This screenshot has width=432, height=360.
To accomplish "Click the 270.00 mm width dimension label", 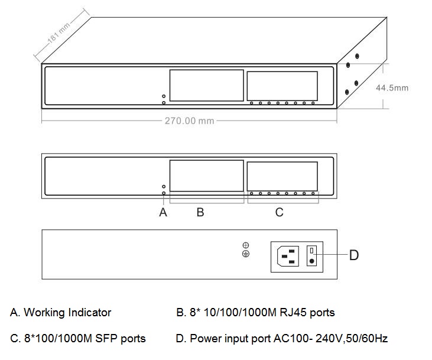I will click(189, 121).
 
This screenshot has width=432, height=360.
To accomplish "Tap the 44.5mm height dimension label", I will click(392, 87).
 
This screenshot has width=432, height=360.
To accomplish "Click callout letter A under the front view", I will click(163, 212).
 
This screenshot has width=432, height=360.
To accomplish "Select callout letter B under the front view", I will click(200, 212).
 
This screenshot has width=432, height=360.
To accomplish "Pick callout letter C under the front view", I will click(280, 212).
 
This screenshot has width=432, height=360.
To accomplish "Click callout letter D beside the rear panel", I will click(353, 255).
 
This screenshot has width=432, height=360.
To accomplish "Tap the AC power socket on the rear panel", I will click(288, 256).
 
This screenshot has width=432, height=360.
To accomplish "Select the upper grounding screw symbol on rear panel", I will click(246, 245).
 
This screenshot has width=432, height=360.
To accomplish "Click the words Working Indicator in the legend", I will click(67, 312).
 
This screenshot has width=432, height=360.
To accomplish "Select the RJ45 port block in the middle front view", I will click(207, 176).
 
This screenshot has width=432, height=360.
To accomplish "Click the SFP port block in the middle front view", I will click(282, 176).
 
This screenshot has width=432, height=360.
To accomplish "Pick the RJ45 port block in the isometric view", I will click(207, 85).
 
